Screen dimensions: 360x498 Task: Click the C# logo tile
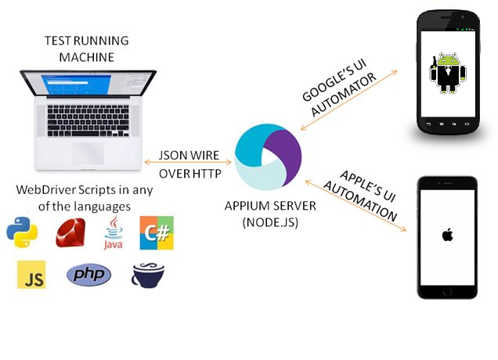coord(156,232)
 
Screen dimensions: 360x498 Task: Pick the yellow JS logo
coord(31,275)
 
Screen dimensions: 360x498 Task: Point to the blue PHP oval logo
coord(88,275)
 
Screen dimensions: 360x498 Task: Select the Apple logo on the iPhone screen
coord(448,234)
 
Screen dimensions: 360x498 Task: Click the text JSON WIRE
coord(189,155)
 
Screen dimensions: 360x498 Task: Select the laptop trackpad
coord(88,153)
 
